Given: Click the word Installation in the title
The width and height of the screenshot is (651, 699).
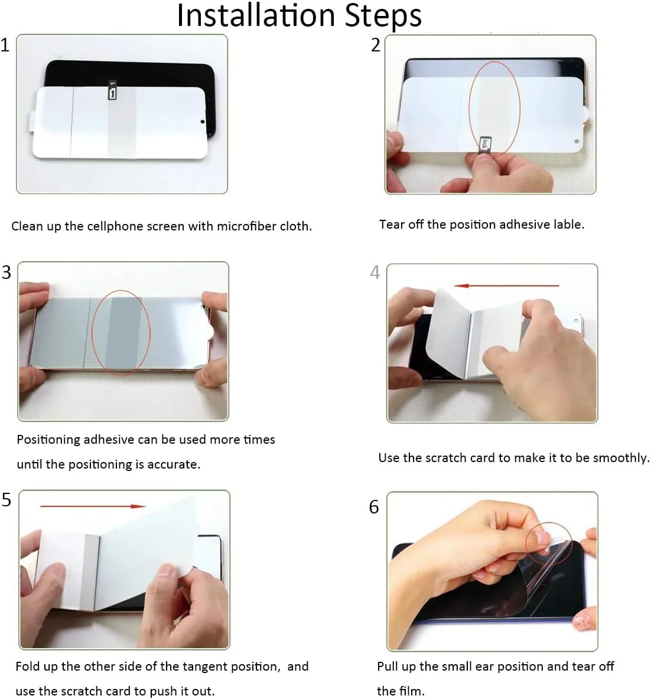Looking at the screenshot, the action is (x=256, y=15).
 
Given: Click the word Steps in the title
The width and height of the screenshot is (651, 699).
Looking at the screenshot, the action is (x=383, y=17).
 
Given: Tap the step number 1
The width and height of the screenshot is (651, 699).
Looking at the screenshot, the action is (x=5, y=45).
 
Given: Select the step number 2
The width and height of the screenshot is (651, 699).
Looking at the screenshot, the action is (x=376, y=45).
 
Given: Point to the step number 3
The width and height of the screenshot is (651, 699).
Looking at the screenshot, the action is (x=6, y=272).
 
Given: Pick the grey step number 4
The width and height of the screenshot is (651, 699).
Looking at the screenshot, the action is (x=375, y=272).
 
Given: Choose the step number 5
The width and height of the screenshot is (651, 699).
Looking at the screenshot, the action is (x=6, y=500).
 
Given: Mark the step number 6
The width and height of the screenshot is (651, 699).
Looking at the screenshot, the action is (x=375, y=507).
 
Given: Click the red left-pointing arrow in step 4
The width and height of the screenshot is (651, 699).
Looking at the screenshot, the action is (x=506, y=285).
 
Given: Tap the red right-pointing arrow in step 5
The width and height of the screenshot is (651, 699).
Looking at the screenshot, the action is (x=93, y=506).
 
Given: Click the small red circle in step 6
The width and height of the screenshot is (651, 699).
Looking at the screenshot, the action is (x=549, y=544).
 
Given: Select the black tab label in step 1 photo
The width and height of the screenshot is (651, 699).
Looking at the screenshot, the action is (x=113, y=90).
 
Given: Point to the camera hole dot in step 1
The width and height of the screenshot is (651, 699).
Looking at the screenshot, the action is (x=202, y=121).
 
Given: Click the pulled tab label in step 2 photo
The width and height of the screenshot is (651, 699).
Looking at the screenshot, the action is (x=485, y=144).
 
